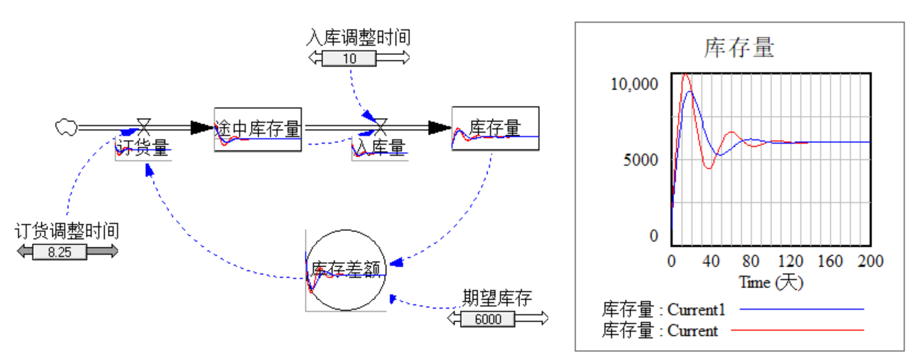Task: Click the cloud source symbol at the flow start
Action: coord(66,127)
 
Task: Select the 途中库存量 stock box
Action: coord(257,128)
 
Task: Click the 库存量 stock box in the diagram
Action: coord(495,128)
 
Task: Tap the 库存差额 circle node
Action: coord(346,269)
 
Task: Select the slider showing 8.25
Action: coord(67,251)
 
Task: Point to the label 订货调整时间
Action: coord(67,231)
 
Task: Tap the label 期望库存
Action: coord(497,298)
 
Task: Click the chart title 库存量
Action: coord(739,48)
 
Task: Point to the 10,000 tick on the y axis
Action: coord(635,83)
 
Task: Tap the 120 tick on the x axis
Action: coord(790,261)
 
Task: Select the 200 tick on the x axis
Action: coord(870,261)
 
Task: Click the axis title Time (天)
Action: coord(770,282)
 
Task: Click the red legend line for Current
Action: coord(801,330)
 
